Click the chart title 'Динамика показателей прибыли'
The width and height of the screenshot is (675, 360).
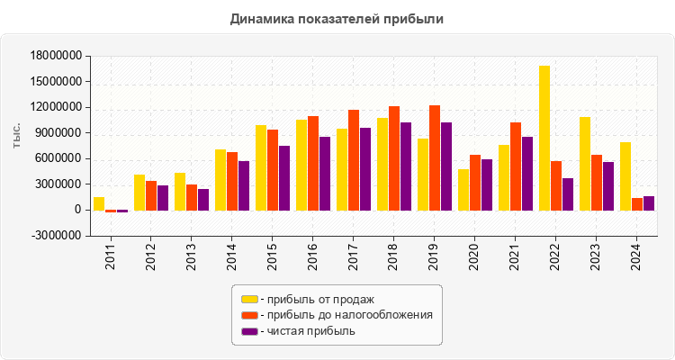(x=337, y=18)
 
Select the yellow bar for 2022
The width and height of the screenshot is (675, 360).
(x=544, y=138)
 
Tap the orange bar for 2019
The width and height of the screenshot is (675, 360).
(x=435, y=157)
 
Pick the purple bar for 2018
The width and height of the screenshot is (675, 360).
(x=406, y=166)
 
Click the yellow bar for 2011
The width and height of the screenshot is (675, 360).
(x=99, y=203)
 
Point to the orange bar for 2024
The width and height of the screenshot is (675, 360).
(x=637, y=204)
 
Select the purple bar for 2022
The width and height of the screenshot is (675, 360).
(x=568, y=193)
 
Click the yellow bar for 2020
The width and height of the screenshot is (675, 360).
(x=463, y=189)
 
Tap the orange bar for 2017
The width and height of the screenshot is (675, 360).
(x=354, y=159)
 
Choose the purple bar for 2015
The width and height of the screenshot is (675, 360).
(x=284, y=177)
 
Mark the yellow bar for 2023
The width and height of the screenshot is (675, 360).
(x=585, y=163)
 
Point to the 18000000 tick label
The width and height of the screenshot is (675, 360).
(x=57, y=56)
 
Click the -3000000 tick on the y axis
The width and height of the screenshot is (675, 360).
(x=57, y=236)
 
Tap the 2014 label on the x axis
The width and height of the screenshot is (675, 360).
(x=232, y=256)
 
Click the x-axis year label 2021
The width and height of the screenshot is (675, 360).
(x=516, y=256)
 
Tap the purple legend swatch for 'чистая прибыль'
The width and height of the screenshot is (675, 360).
(x=249, y=331)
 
